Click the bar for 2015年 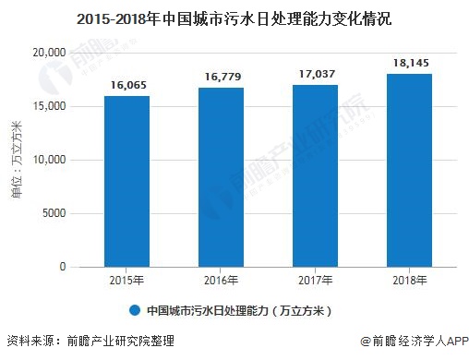pyautogui.click(x=126, y=181)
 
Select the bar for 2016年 pyautogui.click(x=221, y=177)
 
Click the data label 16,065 pyautogui.click(x=126, y=84)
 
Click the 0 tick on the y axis pyautogui.click(x=63, y=267)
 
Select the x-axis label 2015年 pyautogui.click(x=126, y=280)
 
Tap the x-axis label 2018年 pyautogui.click(x=409, y=280)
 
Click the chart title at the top pyautogui.click(x=234, y=17)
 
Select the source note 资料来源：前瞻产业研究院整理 pyautogui.click(x=90, y=342)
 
